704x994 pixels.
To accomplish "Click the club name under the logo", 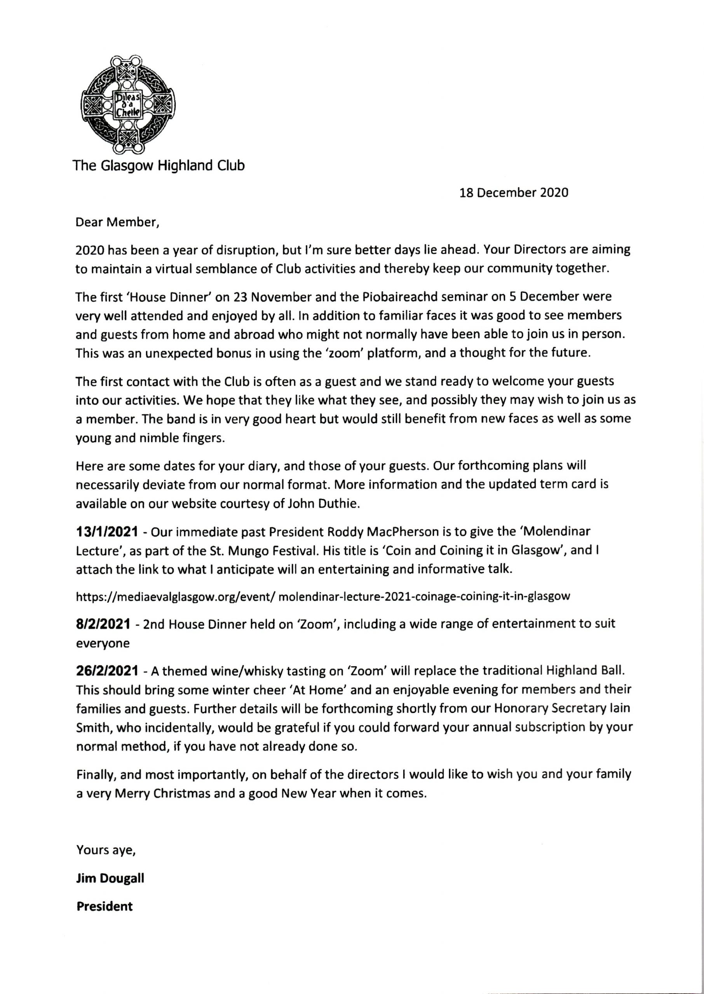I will click(159, 165).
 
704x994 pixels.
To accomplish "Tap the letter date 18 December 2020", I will click(514, 193).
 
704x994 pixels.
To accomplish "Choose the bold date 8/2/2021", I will click(103, 624).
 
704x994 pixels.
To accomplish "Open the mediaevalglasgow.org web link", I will click(322, 596).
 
